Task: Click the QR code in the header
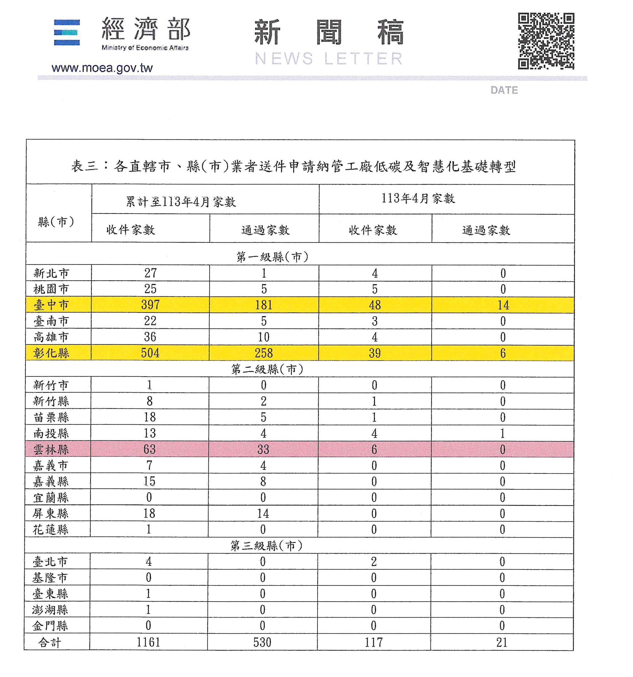click(546, 41)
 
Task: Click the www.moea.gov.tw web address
click(102, 68)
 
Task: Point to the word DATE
click(504, 90)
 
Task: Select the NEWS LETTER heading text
click(328, 59)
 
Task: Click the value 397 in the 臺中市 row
click(150, 305)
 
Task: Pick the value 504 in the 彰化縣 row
click(150, 353)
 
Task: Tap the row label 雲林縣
click(51, 450)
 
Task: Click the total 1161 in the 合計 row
click(148, 642)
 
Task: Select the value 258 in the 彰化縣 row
click(264, 353)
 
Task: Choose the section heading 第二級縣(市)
click(267, 369)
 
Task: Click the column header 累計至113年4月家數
click(181, 202)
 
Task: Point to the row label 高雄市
click(51, 337)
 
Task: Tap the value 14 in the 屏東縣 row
click(263, 513)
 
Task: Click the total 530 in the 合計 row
click(262, 642)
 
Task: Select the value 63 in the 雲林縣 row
click(149, 450)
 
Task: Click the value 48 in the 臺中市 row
click(374, 305)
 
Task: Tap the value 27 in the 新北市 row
click(150, 273)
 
